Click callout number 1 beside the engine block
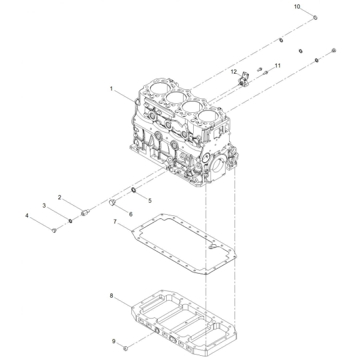coord(112,89)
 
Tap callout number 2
coord(59,197)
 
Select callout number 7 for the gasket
coord(115,222)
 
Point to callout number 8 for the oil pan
coord(112,296)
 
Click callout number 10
coord(297,7)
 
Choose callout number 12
coord(234,72)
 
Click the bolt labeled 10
coord(315,17)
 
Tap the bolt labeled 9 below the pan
coord(125,355)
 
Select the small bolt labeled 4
coord(54,230)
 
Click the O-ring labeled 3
coord(71,221)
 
